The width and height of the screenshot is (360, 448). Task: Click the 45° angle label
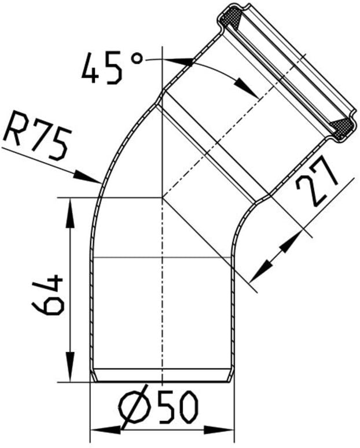tap(112, 68)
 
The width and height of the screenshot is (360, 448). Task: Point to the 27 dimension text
tap(317, 180)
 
